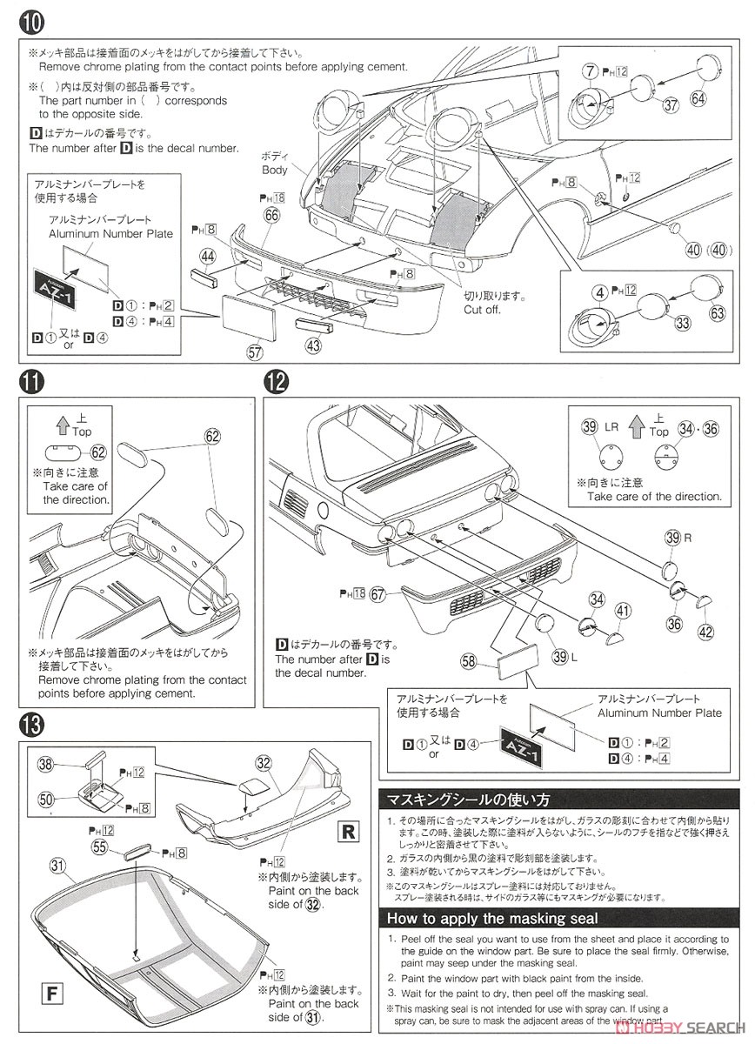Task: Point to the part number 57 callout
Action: tap(255, 352)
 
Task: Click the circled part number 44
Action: tap(207, 256)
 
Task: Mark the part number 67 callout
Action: tap(377, 594)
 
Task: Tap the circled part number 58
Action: tap(469, 663)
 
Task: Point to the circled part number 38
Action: tap(46, 764)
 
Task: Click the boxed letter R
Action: tap(348, 831)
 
